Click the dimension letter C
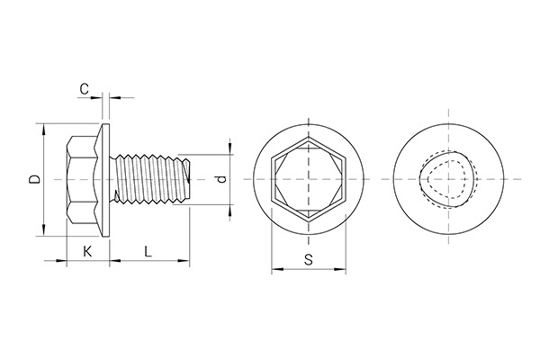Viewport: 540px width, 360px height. pos(84,88)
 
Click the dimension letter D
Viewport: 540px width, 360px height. pos(33,180)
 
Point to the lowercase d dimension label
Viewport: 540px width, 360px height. pos(220,180)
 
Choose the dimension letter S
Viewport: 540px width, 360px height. pos(309,259)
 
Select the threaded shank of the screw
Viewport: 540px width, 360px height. pos(149,180)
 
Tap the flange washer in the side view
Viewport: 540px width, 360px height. pos(107,180)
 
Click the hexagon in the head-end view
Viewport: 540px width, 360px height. pos(309,180)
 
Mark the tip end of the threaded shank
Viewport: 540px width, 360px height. pos(190,180)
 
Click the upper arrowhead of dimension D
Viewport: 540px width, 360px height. pos(43,128)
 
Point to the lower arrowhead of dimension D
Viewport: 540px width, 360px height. pos(43,232)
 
